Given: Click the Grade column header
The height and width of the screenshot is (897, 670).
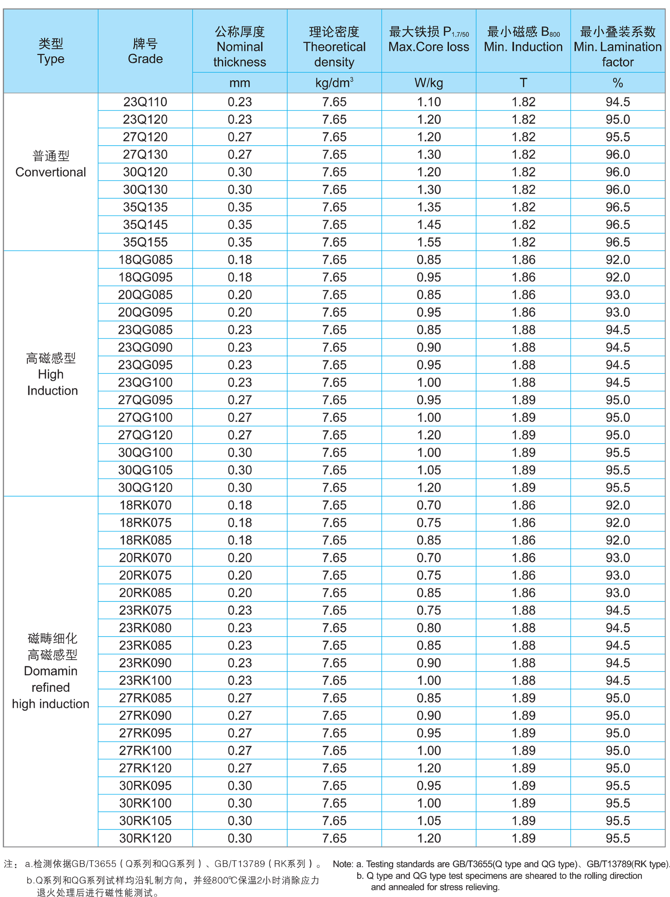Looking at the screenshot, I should click(145, 51).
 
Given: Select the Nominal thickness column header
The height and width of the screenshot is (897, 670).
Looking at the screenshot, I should click(239, 47).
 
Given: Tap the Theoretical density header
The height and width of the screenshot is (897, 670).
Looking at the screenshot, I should click(334, 47).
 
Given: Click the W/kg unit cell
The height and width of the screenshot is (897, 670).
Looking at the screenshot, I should click(429, 83).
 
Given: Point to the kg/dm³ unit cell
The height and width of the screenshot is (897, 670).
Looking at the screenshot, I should click(334, 83).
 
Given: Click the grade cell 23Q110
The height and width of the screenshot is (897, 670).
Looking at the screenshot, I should click(145, 102).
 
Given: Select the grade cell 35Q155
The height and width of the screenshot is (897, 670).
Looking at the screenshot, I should click(145, 242).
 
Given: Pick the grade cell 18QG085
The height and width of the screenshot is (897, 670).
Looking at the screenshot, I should click(145, 260).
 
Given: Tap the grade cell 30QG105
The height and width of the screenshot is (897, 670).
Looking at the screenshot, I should click(145, 470).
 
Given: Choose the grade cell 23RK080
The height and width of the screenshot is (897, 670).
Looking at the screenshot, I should click(145, 628).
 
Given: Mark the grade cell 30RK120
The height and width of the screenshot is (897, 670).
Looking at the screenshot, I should click(145, 838).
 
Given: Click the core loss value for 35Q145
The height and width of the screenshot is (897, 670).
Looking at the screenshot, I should click(429, 225).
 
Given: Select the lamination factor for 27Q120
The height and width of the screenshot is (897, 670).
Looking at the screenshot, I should click(618, 137).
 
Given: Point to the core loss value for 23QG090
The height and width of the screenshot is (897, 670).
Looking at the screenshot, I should click(429, 348).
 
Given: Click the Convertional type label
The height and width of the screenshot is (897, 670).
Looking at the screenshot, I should click(51, 172).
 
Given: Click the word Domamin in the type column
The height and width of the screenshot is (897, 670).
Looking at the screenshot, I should click(51, 671).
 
